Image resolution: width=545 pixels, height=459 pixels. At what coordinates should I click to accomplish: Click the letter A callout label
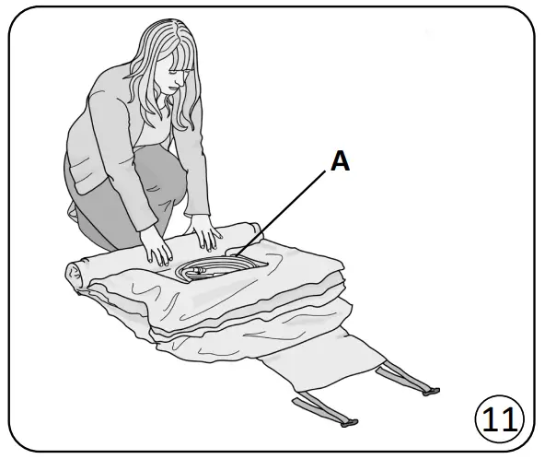point(340,161)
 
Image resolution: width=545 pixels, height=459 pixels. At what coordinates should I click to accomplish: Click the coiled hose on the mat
point(216,268)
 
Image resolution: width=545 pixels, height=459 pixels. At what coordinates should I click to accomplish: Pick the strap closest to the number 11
point(406,380)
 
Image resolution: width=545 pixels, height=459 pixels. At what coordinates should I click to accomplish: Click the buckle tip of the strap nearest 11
point(429,392)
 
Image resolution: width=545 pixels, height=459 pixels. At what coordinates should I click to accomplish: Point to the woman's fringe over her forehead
point(175,60)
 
